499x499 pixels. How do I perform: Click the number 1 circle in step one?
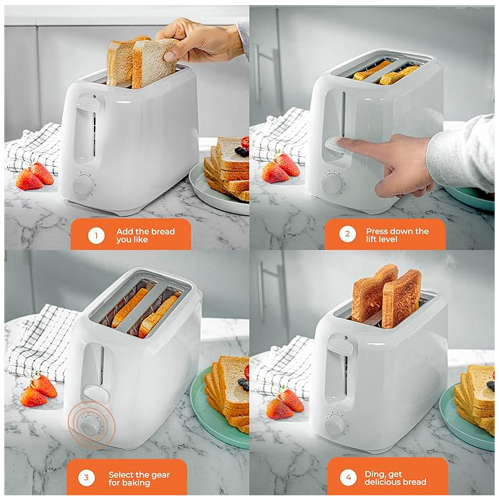[96, 236]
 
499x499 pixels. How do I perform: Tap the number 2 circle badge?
[347, 234]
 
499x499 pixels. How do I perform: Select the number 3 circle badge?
[86, 478]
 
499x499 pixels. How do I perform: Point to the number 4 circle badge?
[349, 478]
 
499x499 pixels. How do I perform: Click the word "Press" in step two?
[378, 231]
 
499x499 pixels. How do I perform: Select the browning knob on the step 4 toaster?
[335, 425]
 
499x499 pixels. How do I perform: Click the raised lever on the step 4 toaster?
[339, 347]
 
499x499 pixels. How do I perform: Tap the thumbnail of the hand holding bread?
[170, 56]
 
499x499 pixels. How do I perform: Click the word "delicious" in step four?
[384, 482]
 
